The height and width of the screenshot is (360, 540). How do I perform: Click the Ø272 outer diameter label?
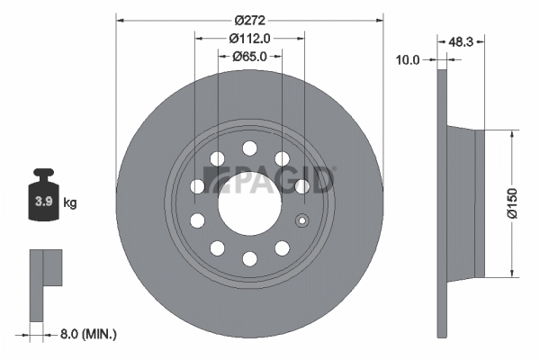(x=249, y=21)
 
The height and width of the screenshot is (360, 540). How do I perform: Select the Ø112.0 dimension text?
(x=249, y=39)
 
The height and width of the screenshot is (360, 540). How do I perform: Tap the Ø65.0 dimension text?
(x=249, y=57)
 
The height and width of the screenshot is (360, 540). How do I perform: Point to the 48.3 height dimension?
(x=461, y=42)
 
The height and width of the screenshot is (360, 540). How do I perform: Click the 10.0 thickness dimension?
(x=408, y=60)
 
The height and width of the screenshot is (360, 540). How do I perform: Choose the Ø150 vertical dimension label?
(x=512, y=203)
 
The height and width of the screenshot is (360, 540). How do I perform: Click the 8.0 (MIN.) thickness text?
(x=88, y=334)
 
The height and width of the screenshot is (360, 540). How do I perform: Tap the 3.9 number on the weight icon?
(x=44, y=202)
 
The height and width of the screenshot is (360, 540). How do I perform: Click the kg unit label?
(x=70, y=202)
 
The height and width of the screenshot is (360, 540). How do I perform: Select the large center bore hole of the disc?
(x=249, y=204)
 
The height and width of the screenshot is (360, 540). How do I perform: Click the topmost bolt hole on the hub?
(x=249, y=148)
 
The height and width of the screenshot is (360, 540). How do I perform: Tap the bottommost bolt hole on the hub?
(x=249, y=259)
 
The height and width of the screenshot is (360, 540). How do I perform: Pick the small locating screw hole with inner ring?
(x=302, y=220)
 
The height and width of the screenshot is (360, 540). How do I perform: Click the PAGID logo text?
(x=268, y=180)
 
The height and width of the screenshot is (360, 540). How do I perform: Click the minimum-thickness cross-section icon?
(x=46, y=285)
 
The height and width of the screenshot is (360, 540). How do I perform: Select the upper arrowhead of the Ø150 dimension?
(x=512, y=134)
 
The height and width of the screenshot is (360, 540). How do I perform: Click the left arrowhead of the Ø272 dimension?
(x=120, y=21)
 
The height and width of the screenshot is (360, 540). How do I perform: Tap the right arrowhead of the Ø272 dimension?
(x=380, y=21)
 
